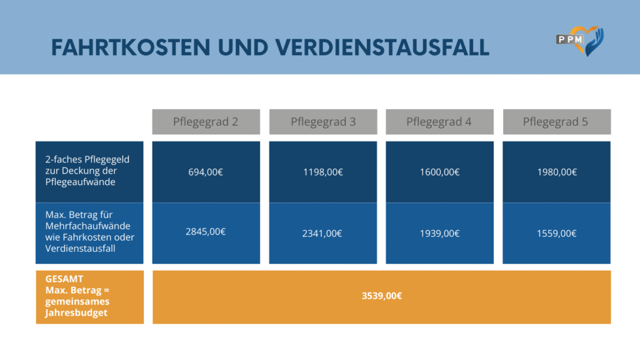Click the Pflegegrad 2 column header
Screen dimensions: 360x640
pyautogui.click(x=206, y=122)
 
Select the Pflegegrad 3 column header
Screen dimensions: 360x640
pyautogui.click(x=323, y=122)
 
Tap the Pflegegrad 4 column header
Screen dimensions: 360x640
pyautogui.click(x=439, y=122)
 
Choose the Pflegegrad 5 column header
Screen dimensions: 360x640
pyautogui.click(x=556, y=122)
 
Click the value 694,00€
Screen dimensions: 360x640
pyautogui.click(x=206, y=172)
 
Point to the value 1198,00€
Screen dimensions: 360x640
pyautogui.click(x=323, y=172)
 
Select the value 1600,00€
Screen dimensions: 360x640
pyautogui.click(x=439, y=172)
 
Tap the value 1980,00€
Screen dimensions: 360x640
pyautogui.click(x=556, y=172)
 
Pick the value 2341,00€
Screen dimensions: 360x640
pyautogui.click(x=323, y=233)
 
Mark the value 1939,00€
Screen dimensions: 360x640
pyautogui.click(x=439, y=233)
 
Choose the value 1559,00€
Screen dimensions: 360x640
pyautogui.click(x=556, y=233)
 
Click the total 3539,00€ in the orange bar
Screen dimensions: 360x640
pyautogui.click(x=381, y=296)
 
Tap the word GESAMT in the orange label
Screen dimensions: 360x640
pyautogui.click(x=64, y=279)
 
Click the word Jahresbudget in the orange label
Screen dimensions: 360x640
pyautogui.click(x=76, y=313)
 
